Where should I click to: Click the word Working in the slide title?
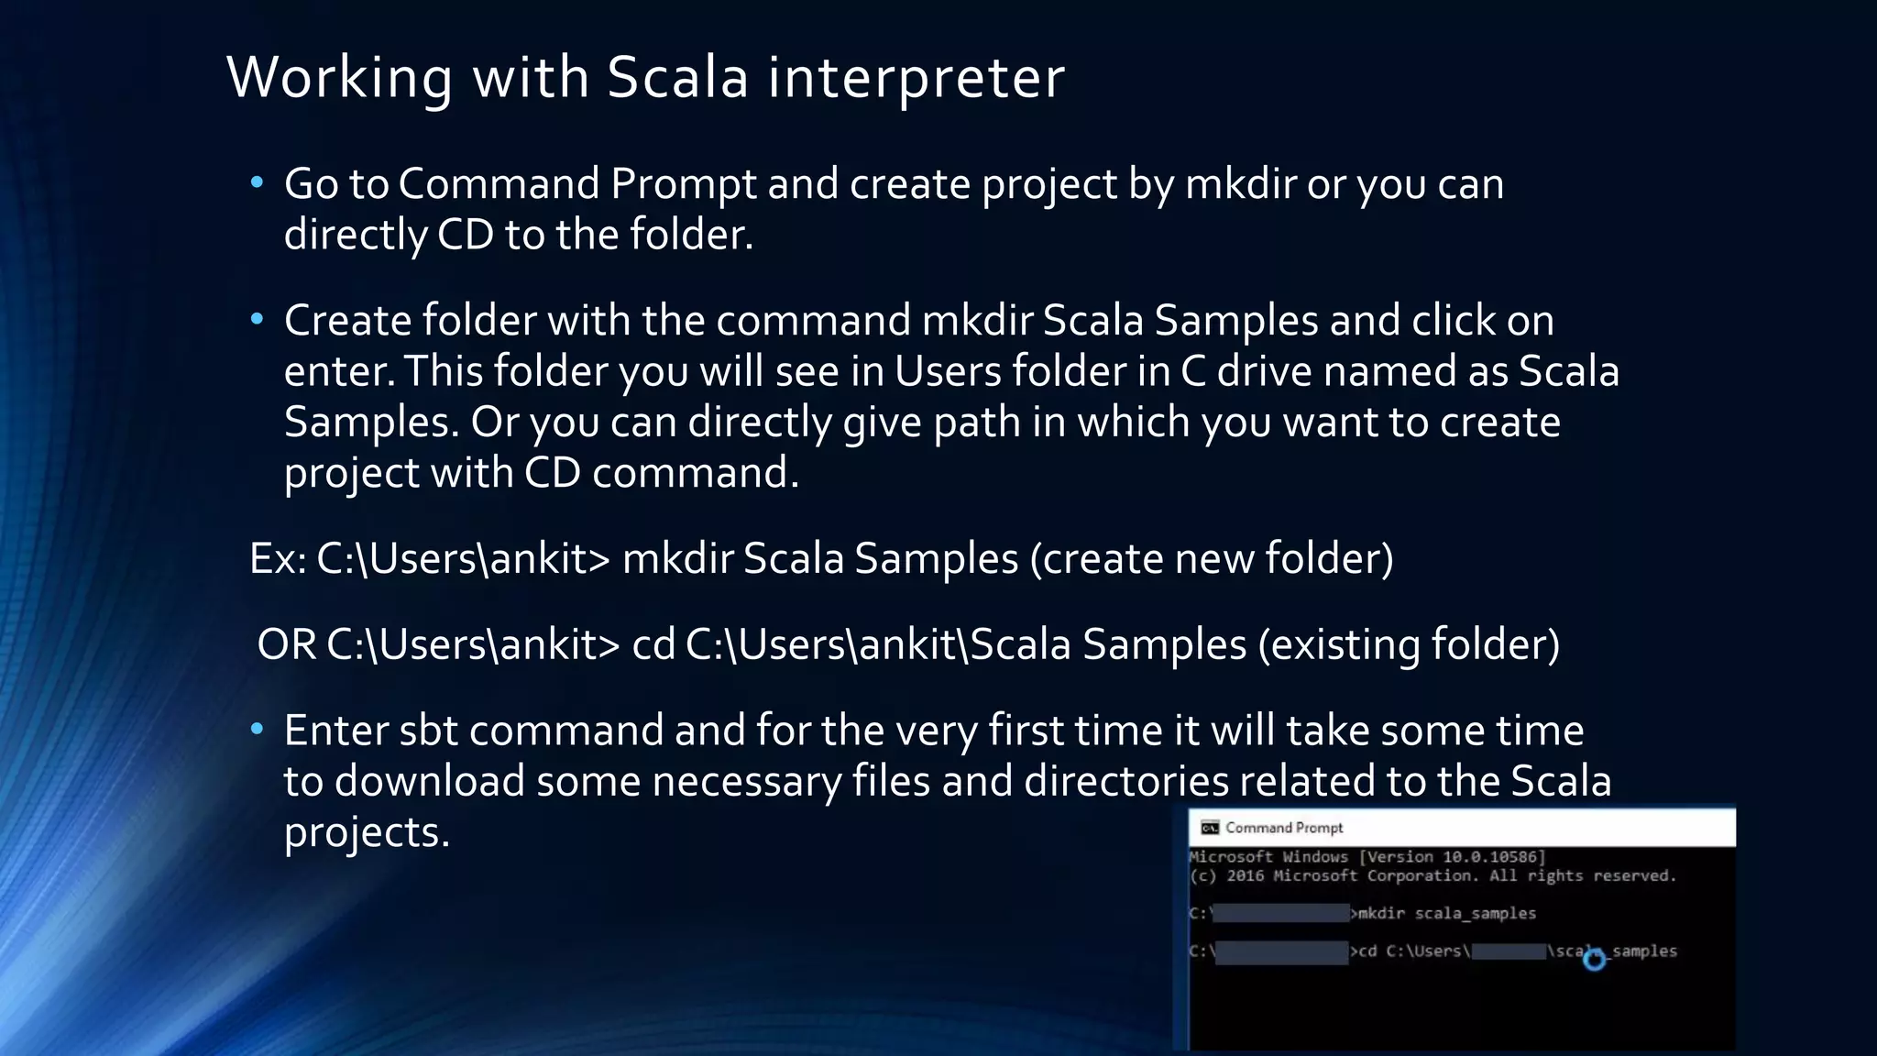(x=339, y=78)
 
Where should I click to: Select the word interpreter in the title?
(x=916, y=78)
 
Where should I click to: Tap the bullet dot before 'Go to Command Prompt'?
(x=258, y=182)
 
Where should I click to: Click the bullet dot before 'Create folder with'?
(x=258, y=319)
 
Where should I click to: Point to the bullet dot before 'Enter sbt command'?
(x=258, y=729)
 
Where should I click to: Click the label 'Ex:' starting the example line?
(x=278, y=558)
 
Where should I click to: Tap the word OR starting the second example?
(x=287, y=644)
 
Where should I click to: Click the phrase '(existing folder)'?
(x=1409, y=644)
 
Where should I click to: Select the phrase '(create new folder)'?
(x=1212, y=558)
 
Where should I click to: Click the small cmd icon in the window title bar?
(x=1210, y=828)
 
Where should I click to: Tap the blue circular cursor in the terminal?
(x=1595, y=959)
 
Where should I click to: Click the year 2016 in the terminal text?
(x=1246, y=876)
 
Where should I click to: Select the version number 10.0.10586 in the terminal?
(x=1493, y=857)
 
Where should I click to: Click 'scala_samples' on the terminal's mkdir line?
(x=1475, y=914)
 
